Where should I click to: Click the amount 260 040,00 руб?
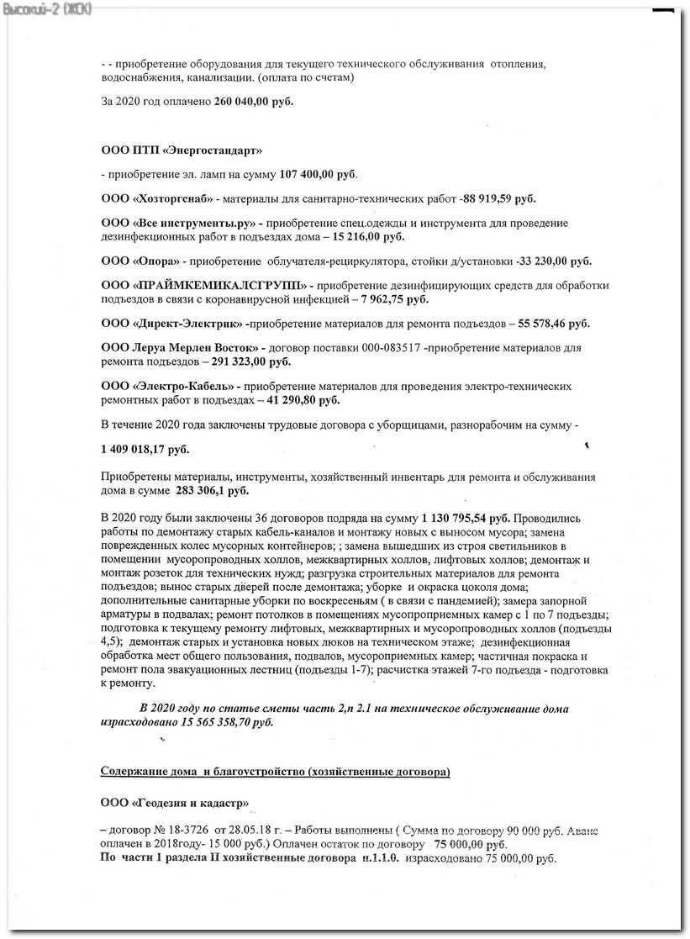pyautogui.click(x=253, y=103)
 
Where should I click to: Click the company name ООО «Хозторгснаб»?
pyautogui.click(x=156, y=199)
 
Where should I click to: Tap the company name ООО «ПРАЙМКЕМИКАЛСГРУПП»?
pyautogui.click(x=206, y=286)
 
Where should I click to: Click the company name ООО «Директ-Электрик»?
pyautogui.click(x=172, y=324)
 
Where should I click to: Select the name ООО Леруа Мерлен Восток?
pyautogui.click(x=178, y=348)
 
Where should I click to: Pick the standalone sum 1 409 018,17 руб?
pyautogui.click(x=145, y=450)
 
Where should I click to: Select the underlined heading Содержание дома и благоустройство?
pyautogui.click(x=275, y=772)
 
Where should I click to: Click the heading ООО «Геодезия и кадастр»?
pyautogui.click(x=174, y=803)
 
